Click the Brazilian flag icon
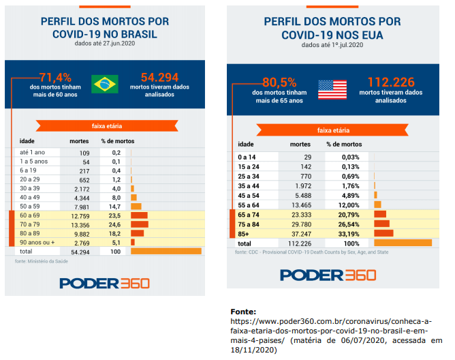[x=105, y=84]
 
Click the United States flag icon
[x=332, y=89]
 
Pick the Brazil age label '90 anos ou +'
[x=37, y=241]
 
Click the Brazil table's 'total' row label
[x=27, y=252]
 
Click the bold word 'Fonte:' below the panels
[x=243, y=311]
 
